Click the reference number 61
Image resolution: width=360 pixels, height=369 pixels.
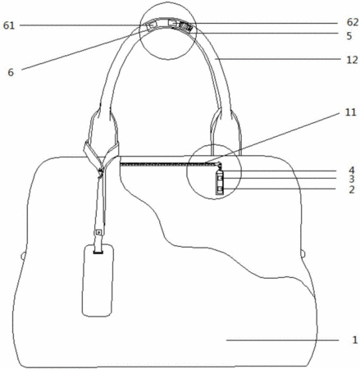pyautogui.click(x=8, y=25)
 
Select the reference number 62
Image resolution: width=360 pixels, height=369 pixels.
pyautogui.click(x=353, y=22)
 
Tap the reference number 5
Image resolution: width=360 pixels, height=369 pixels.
pyautogui.click(x=349, y=36)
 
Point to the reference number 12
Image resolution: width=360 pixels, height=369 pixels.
pyautogui.click(x=352, y=60)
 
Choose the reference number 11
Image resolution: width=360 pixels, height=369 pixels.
pyautogui.click(x=351, y=112)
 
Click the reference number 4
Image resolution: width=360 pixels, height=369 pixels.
pyautogui.click(x=352, y=171)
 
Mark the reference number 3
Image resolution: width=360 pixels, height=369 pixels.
pyautogui.click(x=352, y=179)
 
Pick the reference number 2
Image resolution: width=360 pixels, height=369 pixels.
pyautogui.click(x=352, y=189)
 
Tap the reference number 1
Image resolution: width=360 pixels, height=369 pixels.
pyautogui.click(x=354, y=339)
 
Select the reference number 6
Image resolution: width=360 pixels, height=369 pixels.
pyautogui.click(x=11, y=72)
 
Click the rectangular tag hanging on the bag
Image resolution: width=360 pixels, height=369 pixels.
pyautogui.click(x=98, y=280)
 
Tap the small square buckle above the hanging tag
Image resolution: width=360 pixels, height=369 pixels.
pyautogui.click(x=98, y=233)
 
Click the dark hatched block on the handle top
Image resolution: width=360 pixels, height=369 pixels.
pyautogui.click(x=185, y=27)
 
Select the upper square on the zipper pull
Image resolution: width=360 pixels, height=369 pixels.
pyautogui.click(x=220, y=179)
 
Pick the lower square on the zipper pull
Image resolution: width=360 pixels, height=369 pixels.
pyautogui.click(x=220, y=189)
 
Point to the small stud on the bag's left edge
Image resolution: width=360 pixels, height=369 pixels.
pyautogui.click(x=23, y=256)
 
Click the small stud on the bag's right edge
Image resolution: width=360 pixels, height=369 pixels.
pyautogui.click(x=303, y=253)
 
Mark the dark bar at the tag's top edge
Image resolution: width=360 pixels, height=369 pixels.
pyautogui.click(x=98, y=253)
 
